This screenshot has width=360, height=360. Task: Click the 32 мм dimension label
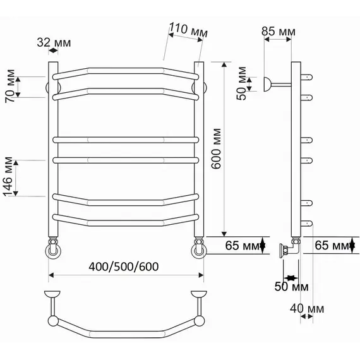54,42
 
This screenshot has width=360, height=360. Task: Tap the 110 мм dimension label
188,30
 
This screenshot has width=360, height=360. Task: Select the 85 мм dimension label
279,32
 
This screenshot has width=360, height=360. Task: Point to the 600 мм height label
216,149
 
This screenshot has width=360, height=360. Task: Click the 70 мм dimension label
10,86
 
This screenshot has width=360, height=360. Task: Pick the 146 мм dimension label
8,177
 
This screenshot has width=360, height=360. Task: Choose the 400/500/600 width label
124,267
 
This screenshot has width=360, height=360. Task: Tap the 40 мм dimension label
307,309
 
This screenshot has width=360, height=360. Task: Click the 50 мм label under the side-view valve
291,287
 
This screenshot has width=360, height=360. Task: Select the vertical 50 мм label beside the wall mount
241,83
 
